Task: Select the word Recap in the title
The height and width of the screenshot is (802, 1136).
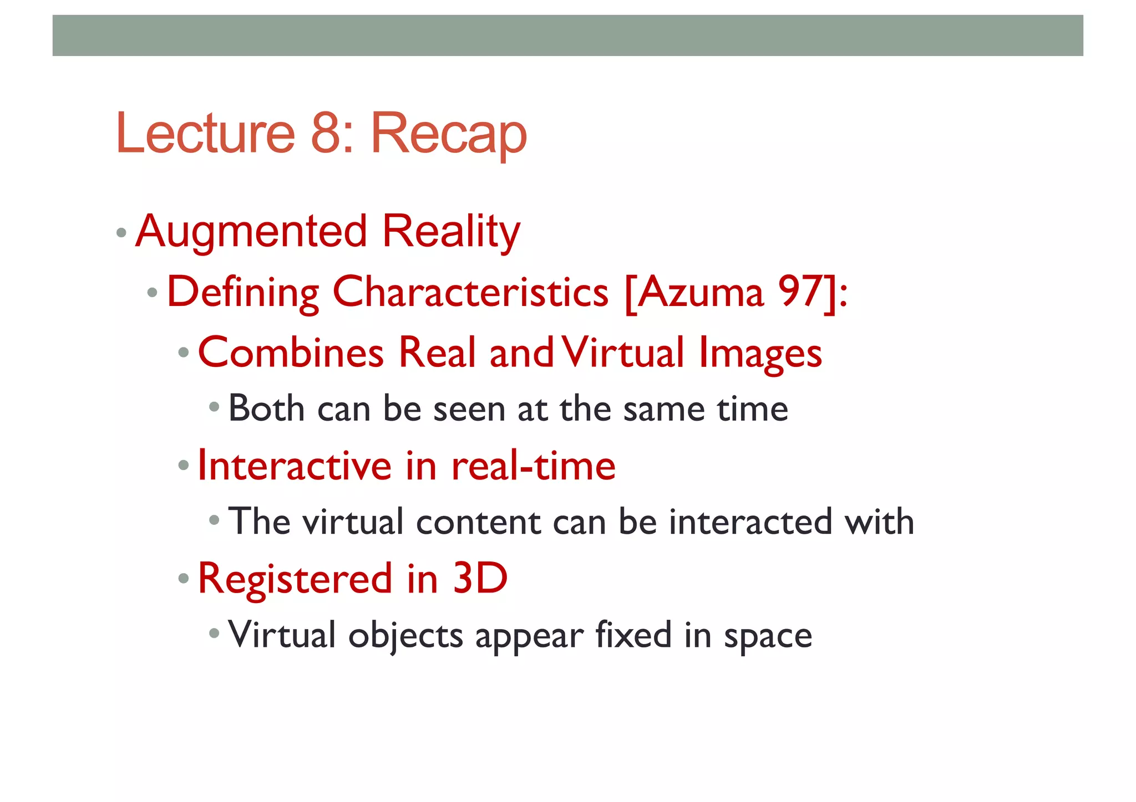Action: tap(448, 136)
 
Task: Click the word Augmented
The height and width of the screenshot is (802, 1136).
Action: tap(251, 232)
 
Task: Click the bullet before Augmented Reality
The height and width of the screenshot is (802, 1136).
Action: tap(121, 232)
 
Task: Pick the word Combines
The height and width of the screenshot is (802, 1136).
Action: tap(291, 353)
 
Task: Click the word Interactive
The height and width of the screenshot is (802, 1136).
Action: tap(295, 465)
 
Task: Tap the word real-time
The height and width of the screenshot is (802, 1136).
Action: tap(533, 465)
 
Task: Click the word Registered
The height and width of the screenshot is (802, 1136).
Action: tap(295, 579)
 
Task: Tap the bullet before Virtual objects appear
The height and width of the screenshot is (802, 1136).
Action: tap(215, 632)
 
